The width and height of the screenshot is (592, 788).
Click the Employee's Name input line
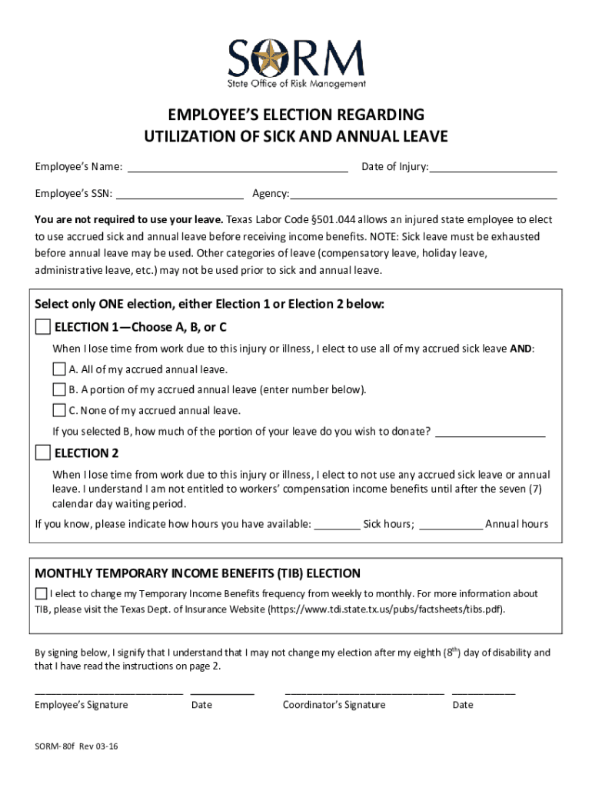point(237,166)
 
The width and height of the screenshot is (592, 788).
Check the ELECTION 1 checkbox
point(43,327)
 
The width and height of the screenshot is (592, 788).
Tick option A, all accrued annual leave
point(59,369)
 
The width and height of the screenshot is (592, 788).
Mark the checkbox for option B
point(59,389)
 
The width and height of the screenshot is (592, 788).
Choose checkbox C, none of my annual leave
point(59,410)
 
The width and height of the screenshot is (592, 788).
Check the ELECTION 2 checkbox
point(43,452)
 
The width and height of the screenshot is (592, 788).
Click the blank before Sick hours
point(337,525)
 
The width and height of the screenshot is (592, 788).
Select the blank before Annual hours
point(451,525)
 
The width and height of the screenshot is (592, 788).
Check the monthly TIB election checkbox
point(41,594)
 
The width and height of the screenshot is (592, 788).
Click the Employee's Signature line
point(108,691)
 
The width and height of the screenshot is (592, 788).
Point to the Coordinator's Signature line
point(364,691)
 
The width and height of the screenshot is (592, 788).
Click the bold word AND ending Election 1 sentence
point(520,349)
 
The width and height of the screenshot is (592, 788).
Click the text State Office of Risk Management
point(296,84)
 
